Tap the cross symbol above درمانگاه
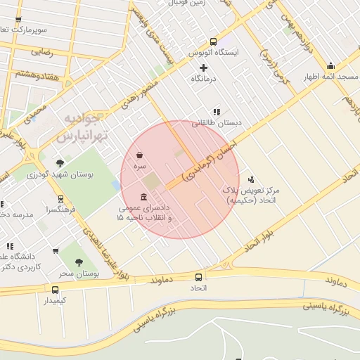(x=204, y=68)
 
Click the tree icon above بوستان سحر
(x=78, y=262)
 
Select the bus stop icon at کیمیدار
(x=56, y=290)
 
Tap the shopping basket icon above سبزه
(x=141, y=155)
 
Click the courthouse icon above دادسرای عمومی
(x=144, y=197)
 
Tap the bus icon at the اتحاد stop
(x=198, y=277)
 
